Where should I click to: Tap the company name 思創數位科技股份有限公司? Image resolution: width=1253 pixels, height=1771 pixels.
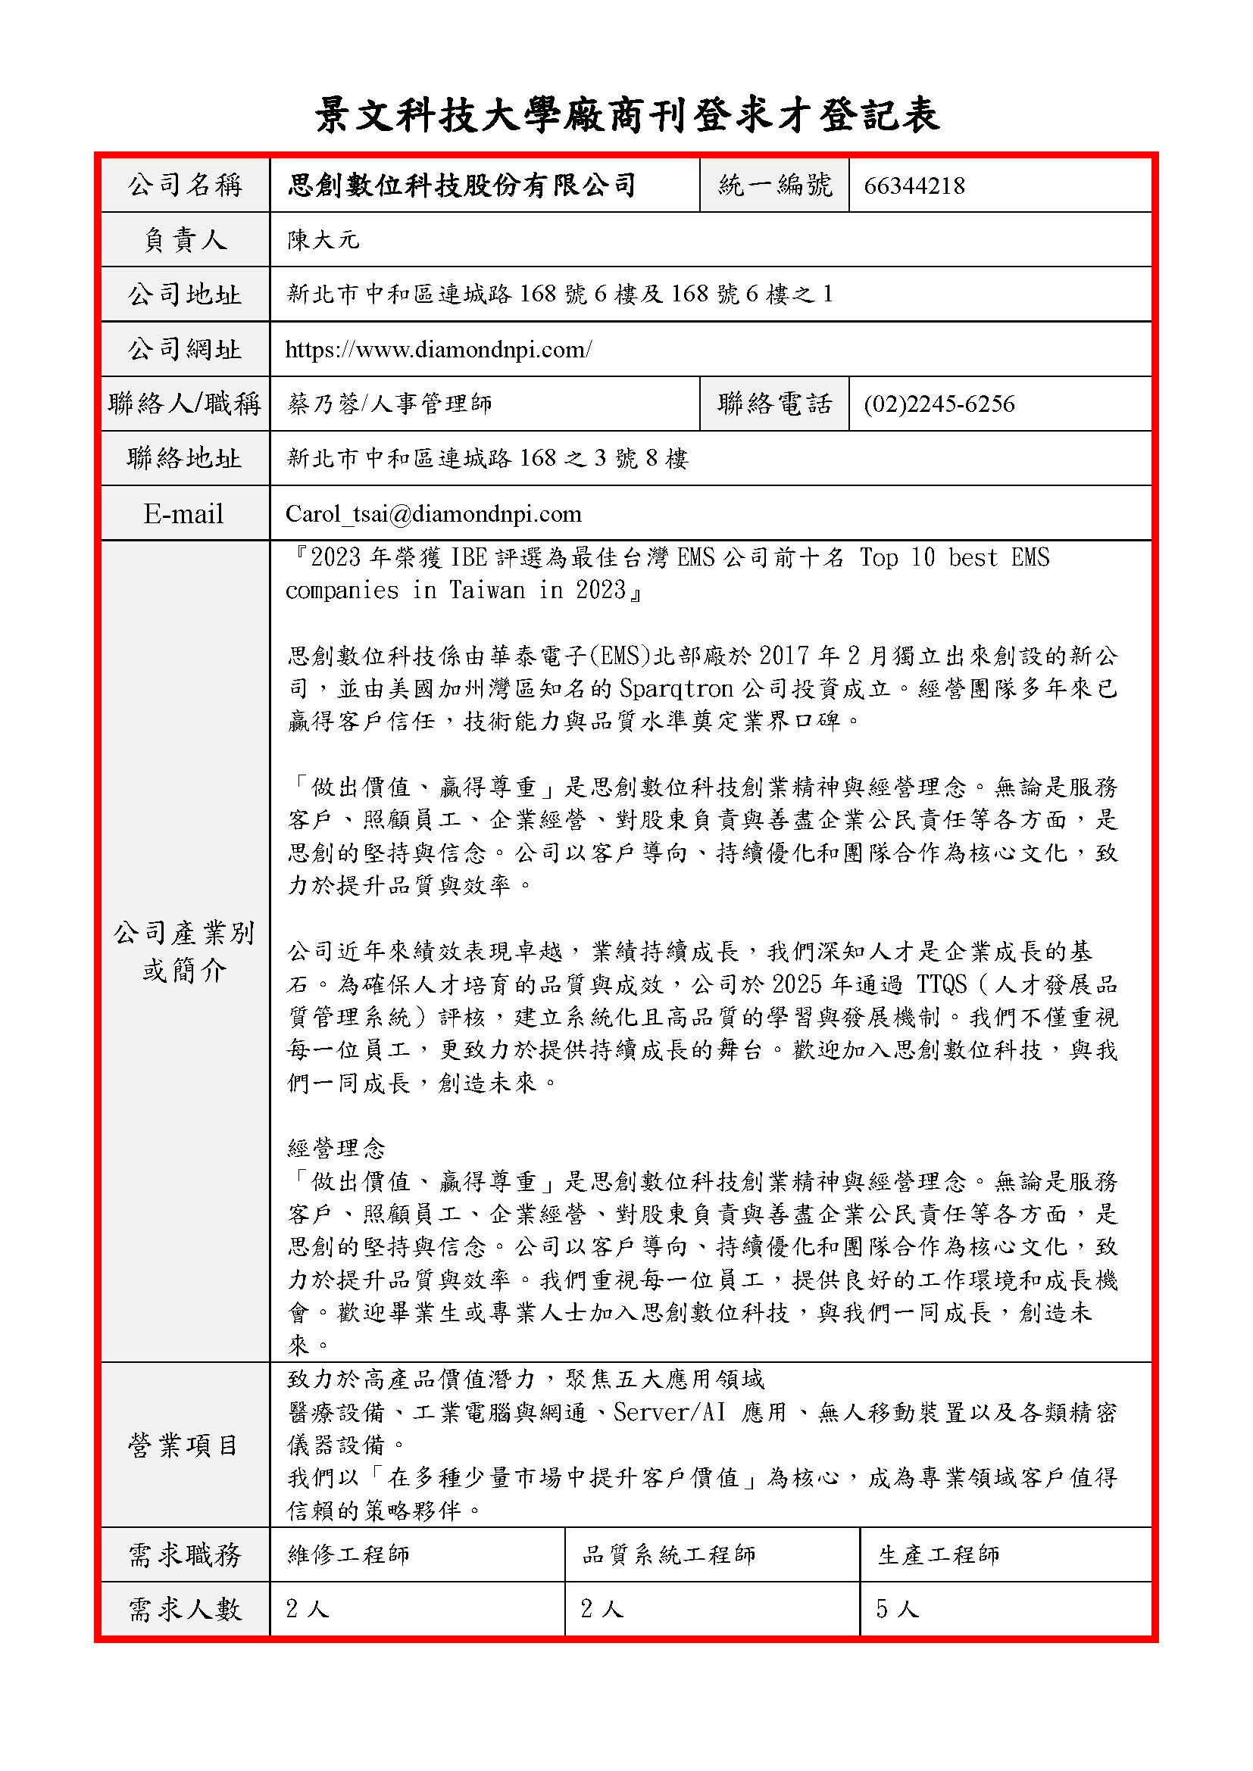461,185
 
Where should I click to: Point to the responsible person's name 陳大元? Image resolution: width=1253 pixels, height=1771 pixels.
323,240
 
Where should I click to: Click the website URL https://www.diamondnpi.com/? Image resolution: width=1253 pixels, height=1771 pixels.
438,349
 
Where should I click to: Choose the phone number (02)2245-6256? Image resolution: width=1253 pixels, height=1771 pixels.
939,404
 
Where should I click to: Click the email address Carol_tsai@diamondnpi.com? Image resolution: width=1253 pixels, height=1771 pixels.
433,513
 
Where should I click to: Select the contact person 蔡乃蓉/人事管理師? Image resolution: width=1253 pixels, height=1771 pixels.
389,404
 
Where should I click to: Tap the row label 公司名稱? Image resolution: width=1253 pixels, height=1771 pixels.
185,185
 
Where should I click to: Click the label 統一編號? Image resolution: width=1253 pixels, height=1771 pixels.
775,185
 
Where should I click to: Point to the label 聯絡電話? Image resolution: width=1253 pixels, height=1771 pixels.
775,404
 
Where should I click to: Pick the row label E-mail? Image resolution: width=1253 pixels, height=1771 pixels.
183,513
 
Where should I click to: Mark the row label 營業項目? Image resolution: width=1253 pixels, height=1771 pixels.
183,1445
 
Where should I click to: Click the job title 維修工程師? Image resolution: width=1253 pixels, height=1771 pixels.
348,1554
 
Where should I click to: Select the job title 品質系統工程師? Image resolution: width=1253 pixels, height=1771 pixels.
668,1554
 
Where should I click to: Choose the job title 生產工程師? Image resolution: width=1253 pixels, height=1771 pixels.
938,1554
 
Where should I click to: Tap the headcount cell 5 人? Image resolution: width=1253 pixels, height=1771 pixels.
896,1609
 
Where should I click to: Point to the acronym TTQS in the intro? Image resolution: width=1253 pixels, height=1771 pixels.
942,984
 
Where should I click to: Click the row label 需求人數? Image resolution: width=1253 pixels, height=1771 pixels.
185,1609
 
